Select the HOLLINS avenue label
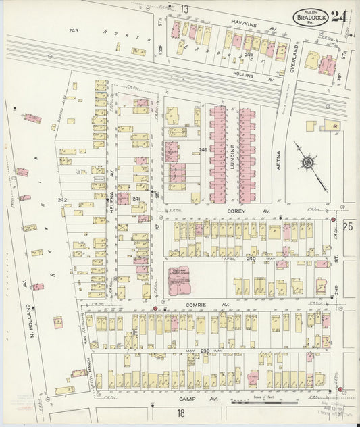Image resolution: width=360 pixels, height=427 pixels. [241, 76]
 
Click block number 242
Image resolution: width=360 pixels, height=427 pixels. [62, 200]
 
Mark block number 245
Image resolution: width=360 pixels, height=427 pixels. [249, 54]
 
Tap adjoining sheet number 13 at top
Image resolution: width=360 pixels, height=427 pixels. [184, 9]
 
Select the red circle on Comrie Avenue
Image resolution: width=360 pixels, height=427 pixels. [155, 309]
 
